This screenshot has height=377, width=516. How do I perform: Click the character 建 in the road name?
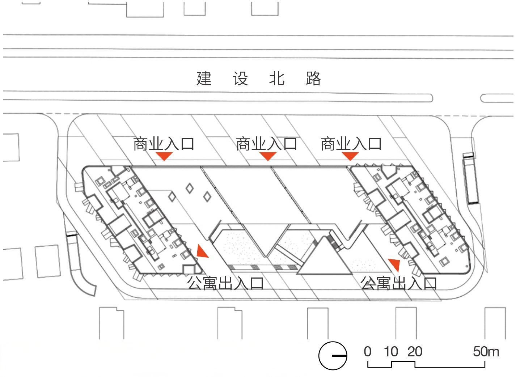point(204,79)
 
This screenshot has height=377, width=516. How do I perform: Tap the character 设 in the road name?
point(240,79)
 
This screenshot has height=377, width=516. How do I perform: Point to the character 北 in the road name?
point(277,79)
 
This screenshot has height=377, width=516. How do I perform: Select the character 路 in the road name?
point(313,79)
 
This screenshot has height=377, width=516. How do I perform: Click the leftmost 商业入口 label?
point(164,144)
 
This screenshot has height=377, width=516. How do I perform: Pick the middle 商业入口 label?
point(266,144)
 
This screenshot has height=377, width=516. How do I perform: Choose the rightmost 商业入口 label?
point(351,144)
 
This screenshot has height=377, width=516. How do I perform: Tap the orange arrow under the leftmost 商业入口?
point(164,156)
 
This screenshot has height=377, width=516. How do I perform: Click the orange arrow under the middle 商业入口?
point(268,156)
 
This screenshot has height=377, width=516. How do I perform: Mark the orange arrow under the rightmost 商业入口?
point(350,156)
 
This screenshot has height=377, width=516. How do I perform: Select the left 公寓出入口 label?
point(225,283)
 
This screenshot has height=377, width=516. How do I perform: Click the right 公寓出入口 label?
point(399,283)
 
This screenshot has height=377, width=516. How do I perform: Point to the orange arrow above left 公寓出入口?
point(202,252)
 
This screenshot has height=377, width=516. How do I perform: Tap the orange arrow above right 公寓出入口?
point(394,264)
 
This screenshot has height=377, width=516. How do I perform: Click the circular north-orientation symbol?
point(333,356)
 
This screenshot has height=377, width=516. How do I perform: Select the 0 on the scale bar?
point(368,351)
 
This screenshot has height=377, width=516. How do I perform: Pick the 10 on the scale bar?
point(391,351)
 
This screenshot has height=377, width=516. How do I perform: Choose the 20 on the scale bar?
point(415,351)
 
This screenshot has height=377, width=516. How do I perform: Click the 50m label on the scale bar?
point(486,351)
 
